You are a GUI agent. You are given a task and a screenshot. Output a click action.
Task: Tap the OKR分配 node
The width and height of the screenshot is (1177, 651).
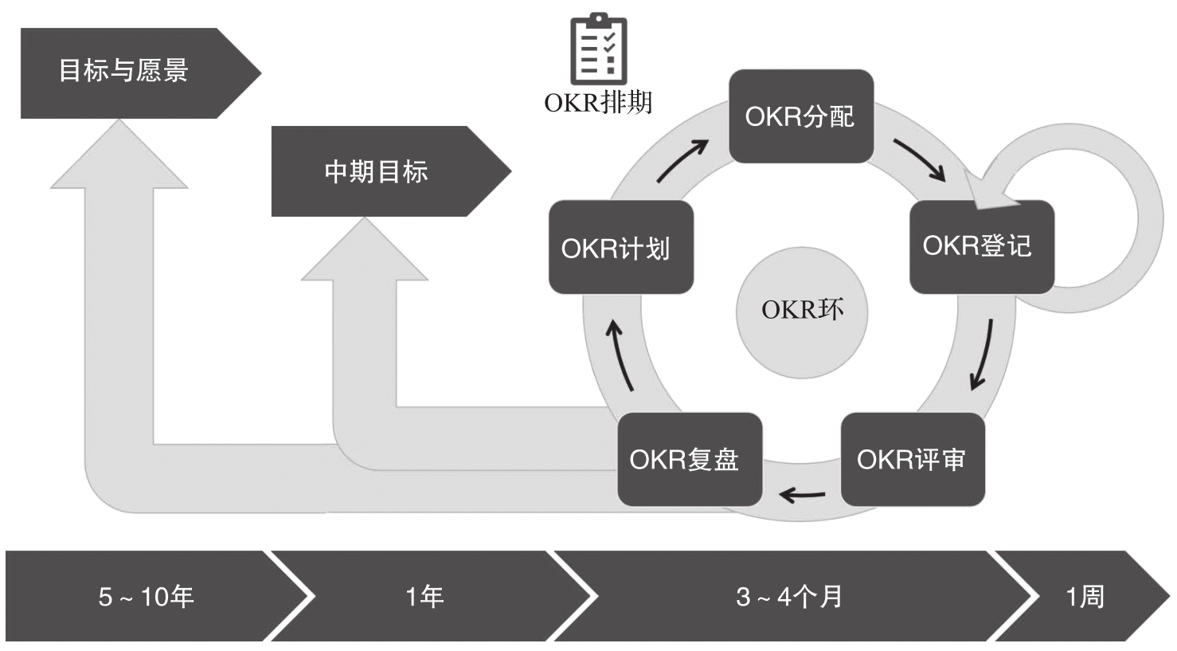click(x=800, y=116)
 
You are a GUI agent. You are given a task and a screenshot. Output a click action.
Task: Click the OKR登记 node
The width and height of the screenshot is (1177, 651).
click(x=980, y=246)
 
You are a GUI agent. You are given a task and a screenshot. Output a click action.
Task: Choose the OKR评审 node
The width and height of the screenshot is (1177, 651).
click(x=912, y=459)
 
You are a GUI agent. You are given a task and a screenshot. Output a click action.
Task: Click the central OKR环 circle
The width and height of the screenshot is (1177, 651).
click(x=801, y=311)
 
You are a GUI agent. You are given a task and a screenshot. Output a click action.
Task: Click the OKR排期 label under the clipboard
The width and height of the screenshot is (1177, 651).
click(x=598, y=103)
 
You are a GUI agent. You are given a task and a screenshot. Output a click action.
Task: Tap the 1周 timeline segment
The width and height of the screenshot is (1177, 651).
click(x=1085, y=596)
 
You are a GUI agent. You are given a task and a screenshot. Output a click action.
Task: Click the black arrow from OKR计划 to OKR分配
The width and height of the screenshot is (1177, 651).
click(x=682, y=160)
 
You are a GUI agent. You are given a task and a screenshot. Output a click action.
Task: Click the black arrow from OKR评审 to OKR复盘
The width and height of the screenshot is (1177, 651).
click(x=802, y=495)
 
